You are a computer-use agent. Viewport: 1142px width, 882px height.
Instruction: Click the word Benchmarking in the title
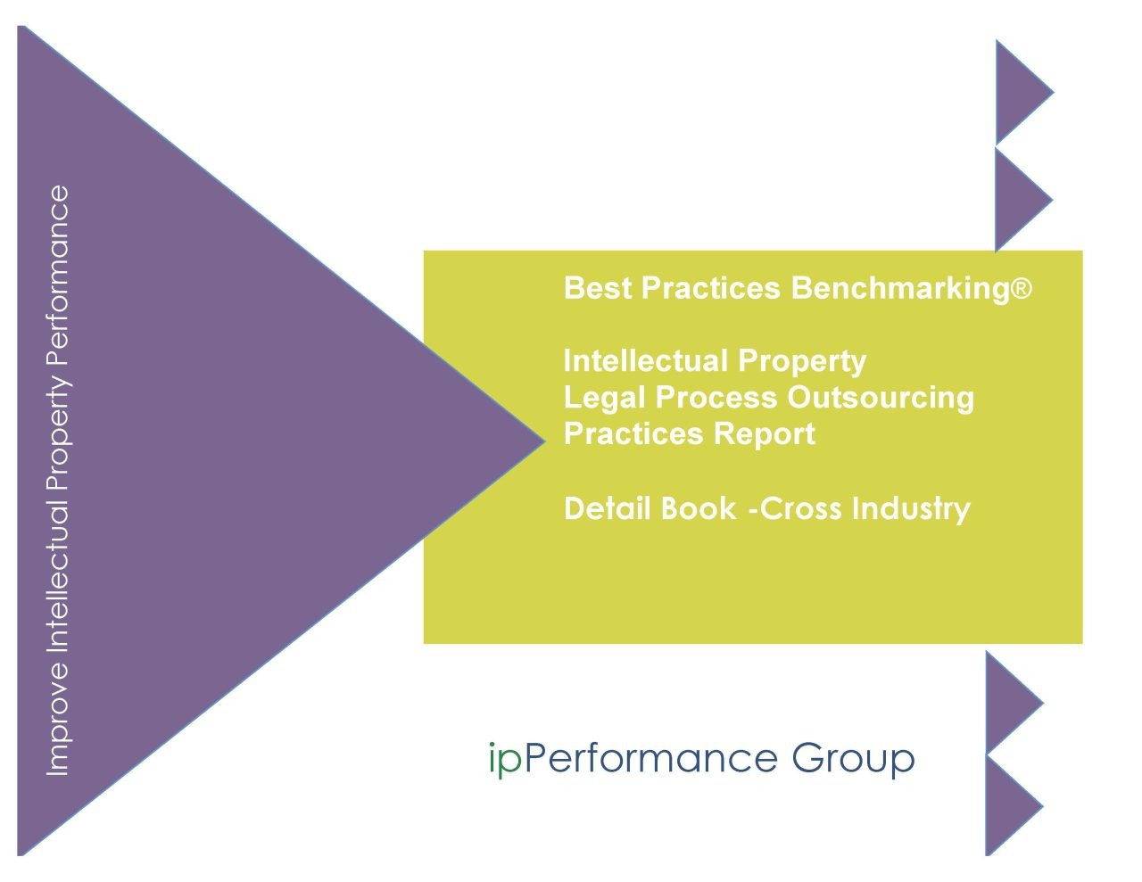(899, 289)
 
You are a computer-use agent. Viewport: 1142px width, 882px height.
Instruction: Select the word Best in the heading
(597, 288)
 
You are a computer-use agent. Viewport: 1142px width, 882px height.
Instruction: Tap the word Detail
(605, 508)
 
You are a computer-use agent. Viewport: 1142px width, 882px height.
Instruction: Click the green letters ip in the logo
(505, 759)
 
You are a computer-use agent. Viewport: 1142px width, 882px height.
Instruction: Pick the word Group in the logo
(853, 759)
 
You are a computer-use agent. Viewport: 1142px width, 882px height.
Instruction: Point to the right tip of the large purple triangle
(539, 440)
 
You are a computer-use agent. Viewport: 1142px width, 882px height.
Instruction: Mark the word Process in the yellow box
(717, 398)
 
